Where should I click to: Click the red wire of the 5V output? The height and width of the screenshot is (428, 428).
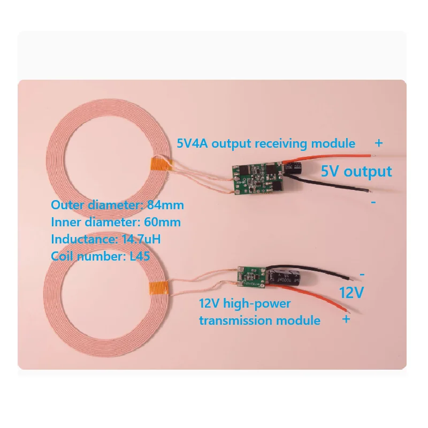tap(342, 156)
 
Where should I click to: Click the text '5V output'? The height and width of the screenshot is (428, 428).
tap(356, 172)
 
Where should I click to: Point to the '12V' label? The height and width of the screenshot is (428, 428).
tap(352, 293)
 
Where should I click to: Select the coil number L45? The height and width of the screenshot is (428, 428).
tap(138, 256)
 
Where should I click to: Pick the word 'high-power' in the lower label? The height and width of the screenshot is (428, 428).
tap(263, 304)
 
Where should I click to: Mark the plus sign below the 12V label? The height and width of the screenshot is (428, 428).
tap(346, 319)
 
